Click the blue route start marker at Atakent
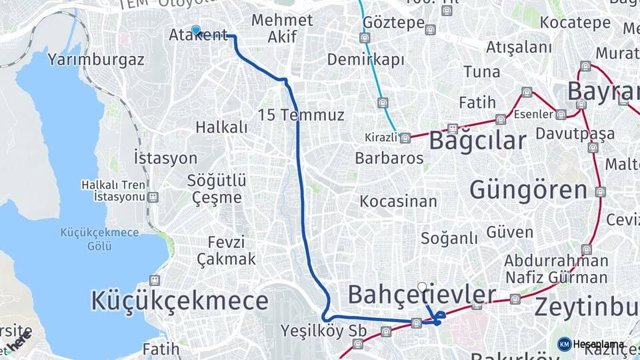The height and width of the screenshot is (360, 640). [195, 29]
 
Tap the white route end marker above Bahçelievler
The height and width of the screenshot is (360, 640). [422, 287]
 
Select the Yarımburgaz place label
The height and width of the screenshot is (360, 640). [96, 59]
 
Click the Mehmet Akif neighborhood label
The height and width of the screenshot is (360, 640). [282, 28]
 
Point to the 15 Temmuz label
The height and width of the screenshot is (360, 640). [301, 115]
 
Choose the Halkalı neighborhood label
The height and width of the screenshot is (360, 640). [221, 127]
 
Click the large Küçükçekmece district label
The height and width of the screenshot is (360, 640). [180, 301]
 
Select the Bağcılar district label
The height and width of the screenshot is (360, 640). [477, 141]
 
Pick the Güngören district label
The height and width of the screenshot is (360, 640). [529, 190]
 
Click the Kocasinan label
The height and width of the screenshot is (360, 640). [399, 201]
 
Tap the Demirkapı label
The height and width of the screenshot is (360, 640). [365, 60]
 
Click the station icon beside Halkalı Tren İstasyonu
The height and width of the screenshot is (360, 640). [154, 197]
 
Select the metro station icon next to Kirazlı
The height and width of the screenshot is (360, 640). [405, 138]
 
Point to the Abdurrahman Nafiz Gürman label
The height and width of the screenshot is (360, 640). [556, 269]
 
